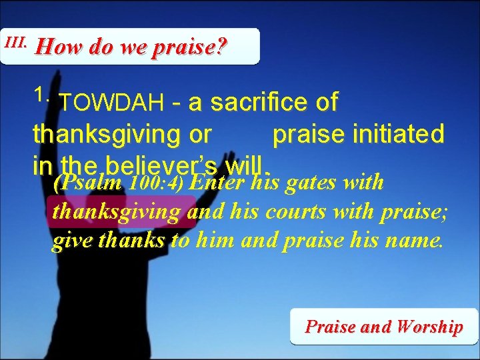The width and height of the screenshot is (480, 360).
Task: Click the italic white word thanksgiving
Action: (116, 212)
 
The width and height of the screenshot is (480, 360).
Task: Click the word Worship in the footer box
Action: (429, 327)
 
